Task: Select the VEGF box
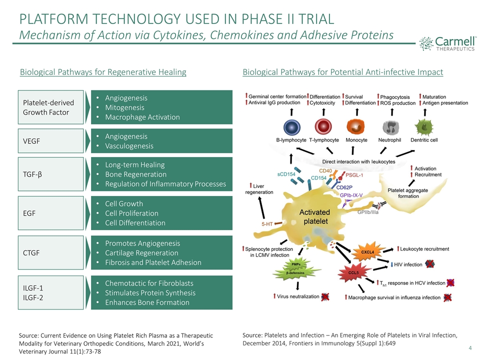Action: pos(50,141)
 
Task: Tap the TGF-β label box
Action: pos(50,174)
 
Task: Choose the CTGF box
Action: pos(50,252)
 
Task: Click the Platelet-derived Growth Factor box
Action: pos(50,107)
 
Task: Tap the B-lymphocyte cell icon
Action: pos(291,126)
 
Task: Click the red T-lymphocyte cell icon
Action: pos(323,126)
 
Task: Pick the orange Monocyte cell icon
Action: pos(356,126)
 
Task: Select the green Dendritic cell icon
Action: pos(423,126)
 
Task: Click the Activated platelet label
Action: pos(314,216)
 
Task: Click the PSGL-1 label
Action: pos(354,175)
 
